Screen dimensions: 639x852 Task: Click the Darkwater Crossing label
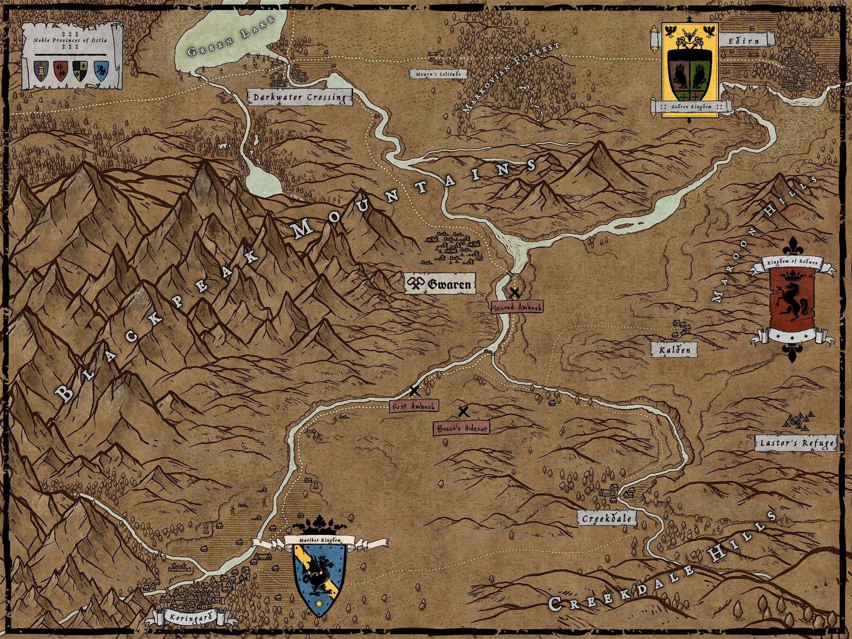[x=300, y=98]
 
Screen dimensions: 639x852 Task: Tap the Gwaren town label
[x=440, y=284]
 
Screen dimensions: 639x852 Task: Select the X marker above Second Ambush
[x=515, y=293]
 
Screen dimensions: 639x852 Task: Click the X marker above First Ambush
[x=415, y=391]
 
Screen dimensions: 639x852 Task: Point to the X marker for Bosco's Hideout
[x=463, y=412]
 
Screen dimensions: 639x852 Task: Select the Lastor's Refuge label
[x=797, y=444]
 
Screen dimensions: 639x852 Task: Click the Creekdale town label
[x=606, y=518]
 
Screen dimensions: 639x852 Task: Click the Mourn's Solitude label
[x=438, y=74]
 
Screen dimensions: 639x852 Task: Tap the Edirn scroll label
[x=744, y=41]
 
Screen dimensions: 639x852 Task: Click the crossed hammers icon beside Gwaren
[x=415, y=284]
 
